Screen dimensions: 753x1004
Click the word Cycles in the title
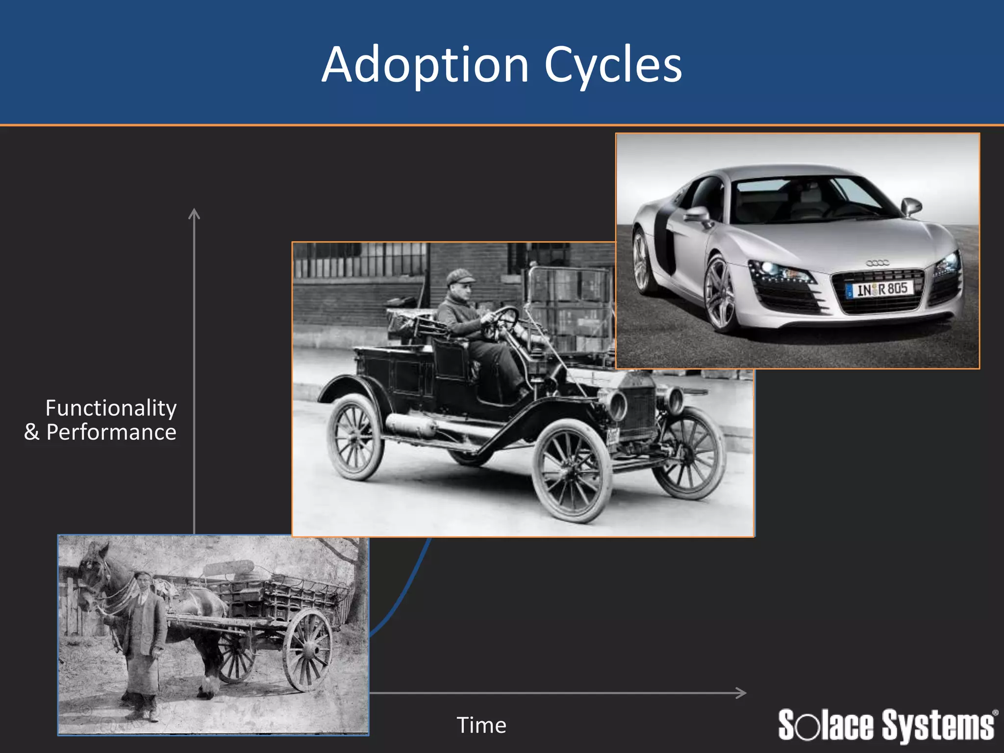pos(613,65)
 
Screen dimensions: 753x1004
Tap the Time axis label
pos(481,725)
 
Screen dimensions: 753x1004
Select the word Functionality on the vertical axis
pos(111,408)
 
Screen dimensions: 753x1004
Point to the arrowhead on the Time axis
pos(742,693)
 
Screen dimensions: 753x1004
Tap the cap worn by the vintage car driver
pos(460,276)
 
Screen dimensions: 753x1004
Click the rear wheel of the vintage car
pos(355,436)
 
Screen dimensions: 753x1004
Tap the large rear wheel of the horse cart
pos(308,649)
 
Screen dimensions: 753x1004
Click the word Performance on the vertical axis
pos(111,432)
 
